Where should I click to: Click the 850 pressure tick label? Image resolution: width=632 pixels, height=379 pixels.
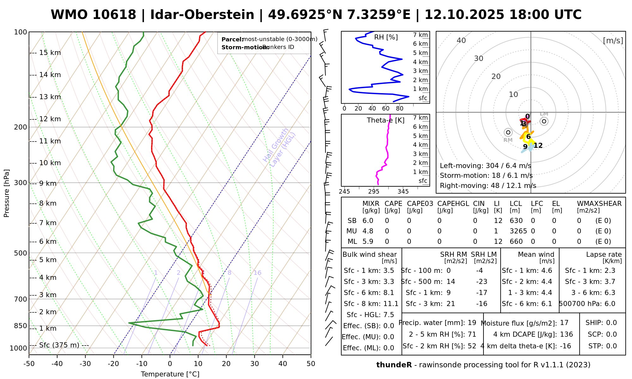(21, 326)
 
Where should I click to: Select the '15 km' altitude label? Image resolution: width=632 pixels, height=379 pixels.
(50, 53)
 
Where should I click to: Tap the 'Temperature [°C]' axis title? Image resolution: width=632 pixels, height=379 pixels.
(170, 374)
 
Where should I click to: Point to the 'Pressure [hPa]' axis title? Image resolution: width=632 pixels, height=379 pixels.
(7, 193)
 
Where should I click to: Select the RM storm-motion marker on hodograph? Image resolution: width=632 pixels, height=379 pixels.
(508, 132)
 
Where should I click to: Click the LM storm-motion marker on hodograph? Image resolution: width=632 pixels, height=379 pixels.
(544, 121)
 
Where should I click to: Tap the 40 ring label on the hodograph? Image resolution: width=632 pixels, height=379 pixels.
(461, 40)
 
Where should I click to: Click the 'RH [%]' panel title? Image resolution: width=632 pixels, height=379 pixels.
(386, 37)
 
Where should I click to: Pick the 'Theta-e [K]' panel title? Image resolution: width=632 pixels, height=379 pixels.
(386, 120)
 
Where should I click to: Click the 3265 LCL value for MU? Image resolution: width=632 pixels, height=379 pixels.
(518, 231)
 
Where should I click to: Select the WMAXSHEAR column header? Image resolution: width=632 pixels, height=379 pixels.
(599, 204)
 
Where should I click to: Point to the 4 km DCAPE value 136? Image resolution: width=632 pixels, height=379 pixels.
(566, 334)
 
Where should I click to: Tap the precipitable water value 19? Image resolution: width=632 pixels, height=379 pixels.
(472, 323)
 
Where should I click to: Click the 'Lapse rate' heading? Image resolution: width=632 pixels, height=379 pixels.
(604, 255)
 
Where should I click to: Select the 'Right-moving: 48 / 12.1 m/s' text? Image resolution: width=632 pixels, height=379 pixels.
(488, 186)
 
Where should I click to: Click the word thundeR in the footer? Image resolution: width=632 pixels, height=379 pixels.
(394, 365)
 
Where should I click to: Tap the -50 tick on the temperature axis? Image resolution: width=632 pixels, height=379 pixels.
(29, 364)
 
